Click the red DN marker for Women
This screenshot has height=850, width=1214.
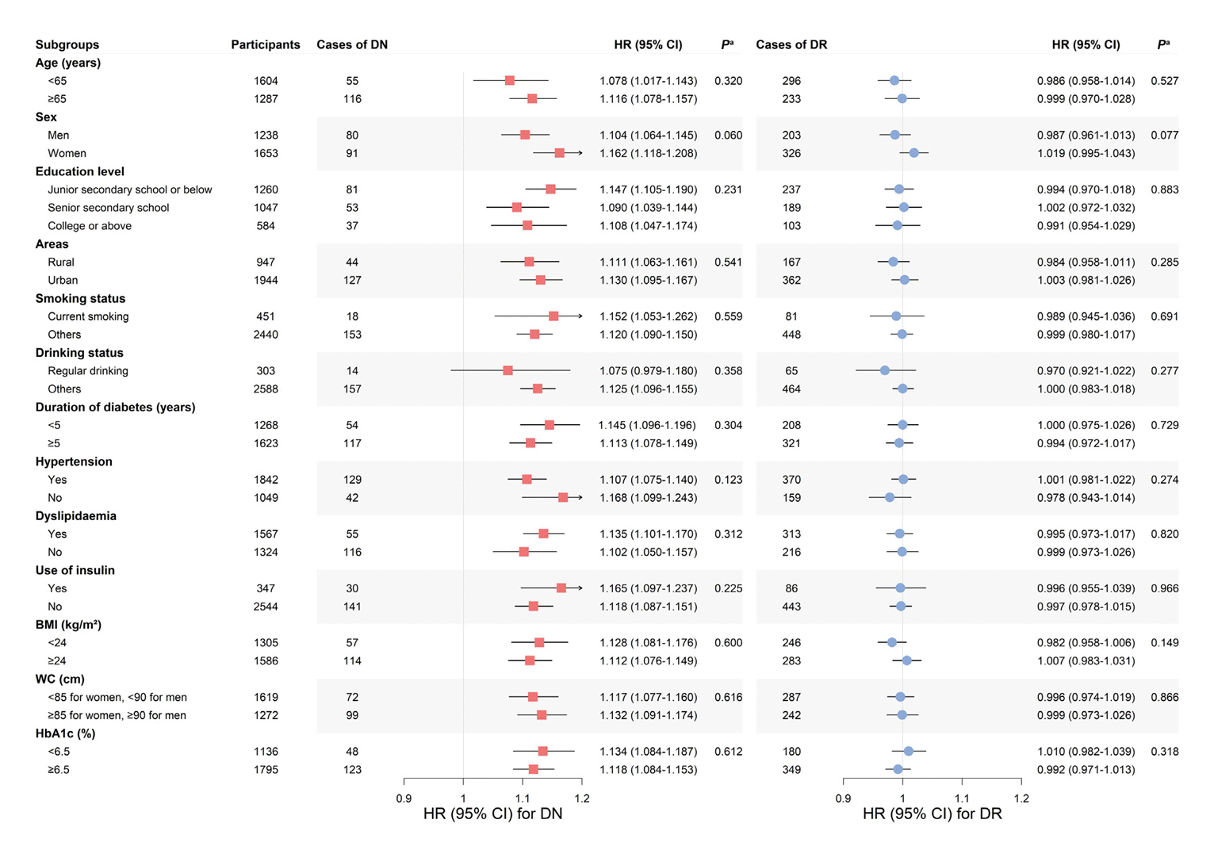[x=559, y=153]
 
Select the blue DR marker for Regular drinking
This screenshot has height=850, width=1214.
[x=885, y=371]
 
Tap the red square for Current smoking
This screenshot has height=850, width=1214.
[x=553, y=316]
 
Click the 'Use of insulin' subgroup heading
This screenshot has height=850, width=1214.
[x=75, y=570]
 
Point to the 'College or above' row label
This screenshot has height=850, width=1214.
[x=90, y=226]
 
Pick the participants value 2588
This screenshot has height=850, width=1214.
[x=266, y=389]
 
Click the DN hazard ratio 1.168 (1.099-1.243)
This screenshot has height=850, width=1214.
[x=648, y=498]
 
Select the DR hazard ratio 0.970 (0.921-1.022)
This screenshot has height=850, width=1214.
[x=1086, y=371]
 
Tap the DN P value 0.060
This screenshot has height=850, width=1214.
[x=728, y=136]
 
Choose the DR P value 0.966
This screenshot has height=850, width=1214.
[x=1164, y=588]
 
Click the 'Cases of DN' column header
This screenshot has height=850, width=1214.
[x=352, y=45]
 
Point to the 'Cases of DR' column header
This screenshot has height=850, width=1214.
[x=791, y=45]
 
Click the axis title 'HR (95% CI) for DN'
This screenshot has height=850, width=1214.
[x=492, y=814]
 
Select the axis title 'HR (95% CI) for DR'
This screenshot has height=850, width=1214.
[x=932, y=814]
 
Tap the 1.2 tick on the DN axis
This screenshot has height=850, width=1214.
[x=582, y=798]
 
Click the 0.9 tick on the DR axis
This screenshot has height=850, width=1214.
[x=843, y=798]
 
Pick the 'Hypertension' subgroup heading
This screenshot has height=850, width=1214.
[x=74, y=461]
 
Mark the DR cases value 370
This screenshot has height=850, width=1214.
[x=791, y=480]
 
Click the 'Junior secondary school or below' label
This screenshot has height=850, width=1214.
[x=130, y=190]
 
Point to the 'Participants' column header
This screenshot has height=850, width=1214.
[x=266, y=45]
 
